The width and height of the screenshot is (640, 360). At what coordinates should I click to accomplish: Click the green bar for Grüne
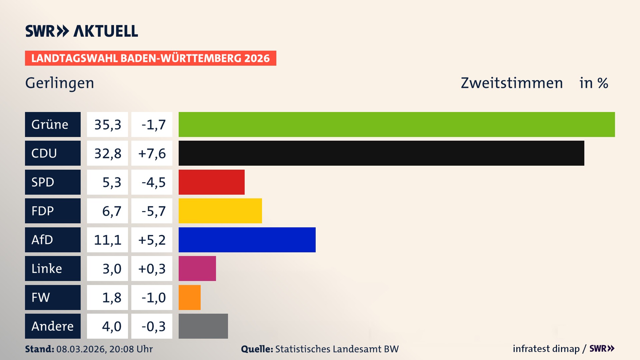tap(397, 124)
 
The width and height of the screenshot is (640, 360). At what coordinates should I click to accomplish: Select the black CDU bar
tap(381, 153)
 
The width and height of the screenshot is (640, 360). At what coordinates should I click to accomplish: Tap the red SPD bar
tap(211, 182)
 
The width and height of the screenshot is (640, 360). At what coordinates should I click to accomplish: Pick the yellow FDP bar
tap(220, 211)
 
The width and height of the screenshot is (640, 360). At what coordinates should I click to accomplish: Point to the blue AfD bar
tap(247, 240)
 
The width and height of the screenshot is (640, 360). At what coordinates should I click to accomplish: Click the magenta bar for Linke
tap(197, 268)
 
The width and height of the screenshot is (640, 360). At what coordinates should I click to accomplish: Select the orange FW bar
tap(189, 297)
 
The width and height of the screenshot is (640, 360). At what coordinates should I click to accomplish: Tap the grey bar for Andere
tap(203, 326)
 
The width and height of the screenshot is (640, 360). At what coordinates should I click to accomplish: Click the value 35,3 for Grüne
tap(107, 124)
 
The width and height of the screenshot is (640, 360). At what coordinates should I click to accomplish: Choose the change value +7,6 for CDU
tap(152, 153)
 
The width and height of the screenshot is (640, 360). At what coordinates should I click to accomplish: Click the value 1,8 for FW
tap(111, 297)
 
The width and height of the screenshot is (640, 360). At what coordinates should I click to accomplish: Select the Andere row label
tap(53, 326)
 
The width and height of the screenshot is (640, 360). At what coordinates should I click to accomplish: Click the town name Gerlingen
tap(60, 83)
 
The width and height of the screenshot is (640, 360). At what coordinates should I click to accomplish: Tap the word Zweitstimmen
tap(512, 83)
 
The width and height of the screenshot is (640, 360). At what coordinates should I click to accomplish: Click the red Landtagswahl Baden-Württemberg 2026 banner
tap(150, 58)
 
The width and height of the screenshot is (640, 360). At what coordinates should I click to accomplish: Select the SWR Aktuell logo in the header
tap(82, 31)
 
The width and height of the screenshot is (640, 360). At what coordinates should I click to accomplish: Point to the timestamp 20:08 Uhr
tap(131, 349)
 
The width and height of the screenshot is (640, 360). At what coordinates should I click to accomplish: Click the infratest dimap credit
tap(546, 349)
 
